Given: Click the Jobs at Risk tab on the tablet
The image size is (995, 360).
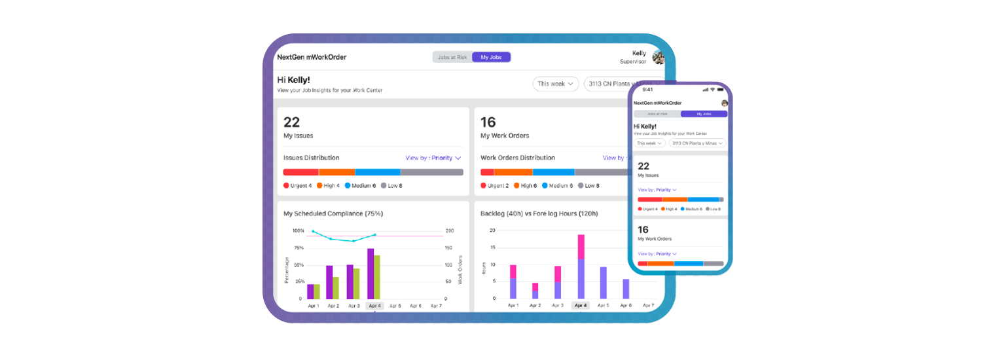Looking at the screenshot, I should [x=452, y=58].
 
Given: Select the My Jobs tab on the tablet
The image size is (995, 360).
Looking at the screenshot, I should [x=491, y=58].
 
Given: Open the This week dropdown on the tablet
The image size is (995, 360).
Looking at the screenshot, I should [x=556, y=84].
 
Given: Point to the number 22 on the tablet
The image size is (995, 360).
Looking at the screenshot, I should [x=291, y=122].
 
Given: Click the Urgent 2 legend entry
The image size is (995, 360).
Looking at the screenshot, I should [x=494, y=186].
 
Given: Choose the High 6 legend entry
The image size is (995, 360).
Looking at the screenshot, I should [x=526, y=186].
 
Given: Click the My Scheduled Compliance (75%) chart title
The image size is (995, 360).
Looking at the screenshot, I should [x=333, y=213].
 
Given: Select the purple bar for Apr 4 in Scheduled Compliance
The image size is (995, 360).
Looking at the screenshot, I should [x=371, y=274].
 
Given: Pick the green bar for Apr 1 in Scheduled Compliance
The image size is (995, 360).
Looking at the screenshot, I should [x=317, y=291].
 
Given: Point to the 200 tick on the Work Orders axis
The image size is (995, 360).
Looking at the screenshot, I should [x=450, y=231].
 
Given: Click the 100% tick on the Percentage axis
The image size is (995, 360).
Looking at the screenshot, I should [x=298, y=231].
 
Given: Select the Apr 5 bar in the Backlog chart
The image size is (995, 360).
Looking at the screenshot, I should [x=603, y=283].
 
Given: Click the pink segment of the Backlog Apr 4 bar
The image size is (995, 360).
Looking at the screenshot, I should [x=581, y=246].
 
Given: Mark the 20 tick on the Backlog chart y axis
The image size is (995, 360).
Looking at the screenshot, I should [x=492, y=230].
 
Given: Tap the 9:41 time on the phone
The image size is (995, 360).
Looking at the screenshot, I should [x=647, y=90].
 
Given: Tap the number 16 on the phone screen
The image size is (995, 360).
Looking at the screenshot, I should [x=643, y=229].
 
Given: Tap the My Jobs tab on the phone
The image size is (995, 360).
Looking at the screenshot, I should [x=704, y=114].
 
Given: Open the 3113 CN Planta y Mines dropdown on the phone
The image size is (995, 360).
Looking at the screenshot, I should [x=697, y=143].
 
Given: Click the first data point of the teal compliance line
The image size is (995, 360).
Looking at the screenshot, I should [x=313, y=232].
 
